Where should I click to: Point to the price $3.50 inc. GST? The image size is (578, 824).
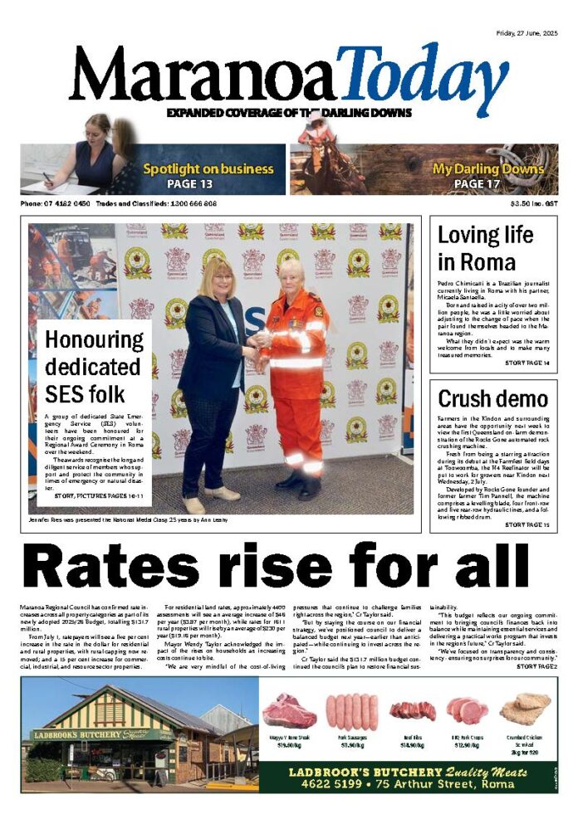click(533, 203)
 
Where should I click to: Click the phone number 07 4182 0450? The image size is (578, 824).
click(66, 203)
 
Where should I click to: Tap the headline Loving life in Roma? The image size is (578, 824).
click(488, 248)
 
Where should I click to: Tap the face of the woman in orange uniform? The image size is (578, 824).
click(291, 273)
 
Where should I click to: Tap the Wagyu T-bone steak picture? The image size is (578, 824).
click(290, 711)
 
